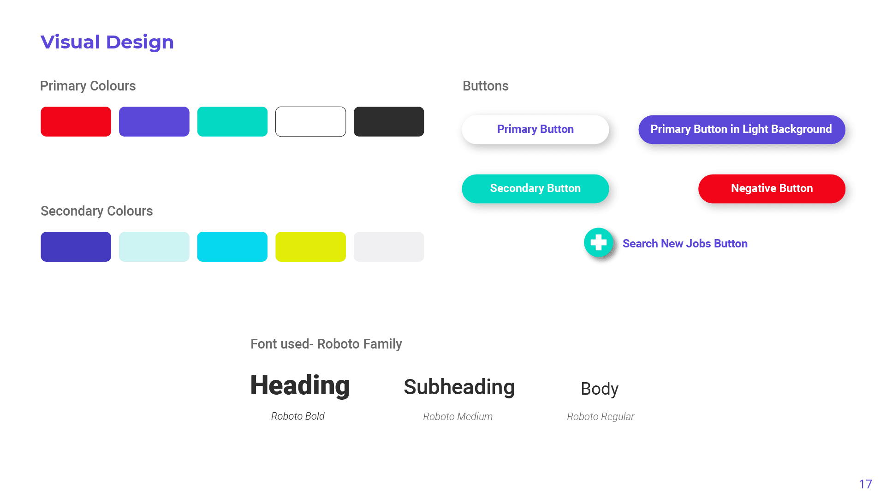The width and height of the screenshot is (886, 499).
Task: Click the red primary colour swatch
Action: [x=76, y=121]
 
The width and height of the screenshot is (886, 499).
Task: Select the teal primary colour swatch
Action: [x=232, y=121]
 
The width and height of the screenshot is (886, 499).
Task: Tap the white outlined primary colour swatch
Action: [x=310, y=121]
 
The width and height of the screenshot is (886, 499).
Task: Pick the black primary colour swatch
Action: [x=388, y=121]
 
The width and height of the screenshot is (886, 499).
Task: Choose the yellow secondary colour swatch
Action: [x=310, y=246]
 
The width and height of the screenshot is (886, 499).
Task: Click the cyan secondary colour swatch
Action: [x=232, y=246]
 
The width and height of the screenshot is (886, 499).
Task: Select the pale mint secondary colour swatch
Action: [x=154, y=246]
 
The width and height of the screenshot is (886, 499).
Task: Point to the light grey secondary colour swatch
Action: [x=388, y=246]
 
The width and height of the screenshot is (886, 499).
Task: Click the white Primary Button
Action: [x=535, y=129]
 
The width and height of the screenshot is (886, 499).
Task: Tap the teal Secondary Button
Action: [x=535, y=188]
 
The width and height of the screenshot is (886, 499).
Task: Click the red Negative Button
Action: [x=772, y=188]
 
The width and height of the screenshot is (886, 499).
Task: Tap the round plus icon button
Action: [x=598, y=242]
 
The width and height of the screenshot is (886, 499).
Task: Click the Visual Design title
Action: [x=107, y=42]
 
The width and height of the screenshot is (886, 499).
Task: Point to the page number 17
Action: [x=865, y=484]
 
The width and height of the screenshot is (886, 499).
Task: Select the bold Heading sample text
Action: [x=300, y=385]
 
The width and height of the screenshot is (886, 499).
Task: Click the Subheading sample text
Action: [x=459, y=387]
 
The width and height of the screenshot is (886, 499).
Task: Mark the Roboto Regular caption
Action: [x=600, y=416]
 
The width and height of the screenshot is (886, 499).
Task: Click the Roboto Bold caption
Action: [x=297, y=416]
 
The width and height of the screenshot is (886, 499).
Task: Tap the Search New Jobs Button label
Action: [x=685, y=243]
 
